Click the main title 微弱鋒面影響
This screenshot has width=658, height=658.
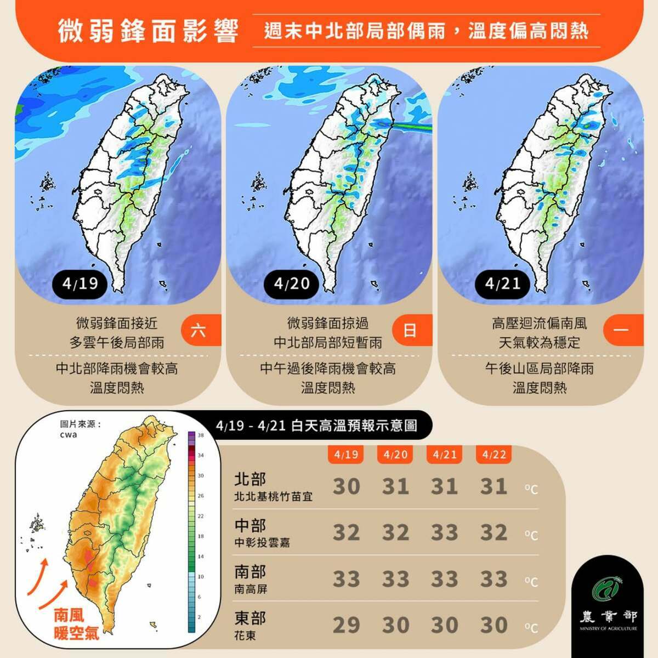tap(149, 31)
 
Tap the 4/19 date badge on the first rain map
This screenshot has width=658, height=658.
tap(80, 283)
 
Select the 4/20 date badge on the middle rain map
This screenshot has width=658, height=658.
tap(292, 283)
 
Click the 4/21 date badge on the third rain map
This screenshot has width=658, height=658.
tap(503, 283)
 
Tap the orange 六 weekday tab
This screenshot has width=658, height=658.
tap(199, 331)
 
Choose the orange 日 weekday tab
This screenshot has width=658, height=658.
tap(410, 331)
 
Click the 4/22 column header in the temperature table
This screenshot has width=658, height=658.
tap(493, 455)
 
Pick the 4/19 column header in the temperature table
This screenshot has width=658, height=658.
tap(346, 455)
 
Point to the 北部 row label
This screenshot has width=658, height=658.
tap(250, 480)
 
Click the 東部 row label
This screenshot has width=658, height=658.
tap(250, 619)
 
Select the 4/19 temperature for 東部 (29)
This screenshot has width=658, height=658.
tap(346, 625)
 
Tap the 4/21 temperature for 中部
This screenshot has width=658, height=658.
tap(444, 532)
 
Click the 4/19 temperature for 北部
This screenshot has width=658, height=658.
tap(346, 486)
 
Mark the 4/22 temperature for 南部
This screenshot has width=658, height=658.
tap(493, 579)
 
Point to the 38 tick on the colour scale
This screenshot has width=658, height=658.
tap(201, 435)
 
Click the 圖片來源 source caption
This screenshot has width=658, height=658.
tap(81, 424)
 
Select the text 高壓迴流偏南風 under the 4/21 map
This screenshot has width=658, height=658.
tap(540, 324)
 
